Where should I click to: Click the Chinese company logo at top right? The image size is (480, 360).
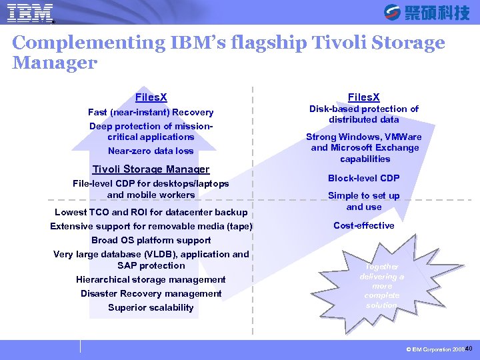click(x=427, y=12)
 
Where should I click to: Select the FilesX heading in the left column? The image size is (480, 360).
click(x=151, y=97)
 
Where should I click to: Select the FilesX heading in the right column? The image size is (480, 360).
click(x=364, y=97)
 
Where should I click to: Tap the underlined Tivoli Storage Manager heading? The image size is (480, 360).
click(x=151, y=169)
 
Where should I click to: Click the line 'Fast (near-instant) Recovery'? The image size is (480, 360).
click(x=151, y=112)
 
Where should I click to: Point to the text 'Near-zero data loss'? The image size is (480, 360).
click(x=151, y=151)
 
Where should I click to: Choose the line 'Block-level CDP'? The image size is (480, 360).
click(x=364, y=178)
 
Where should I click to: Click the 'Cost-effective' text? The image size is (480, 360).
click(x=364, y=225)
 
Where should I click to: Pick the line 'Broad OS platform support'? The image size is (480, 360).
click(x=151, y=240)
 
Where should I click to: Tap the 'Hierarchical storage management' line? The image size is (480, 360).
click(x=151, y=279)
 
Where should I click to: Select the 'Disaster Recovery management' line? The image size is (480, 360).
click(x=151, y=293)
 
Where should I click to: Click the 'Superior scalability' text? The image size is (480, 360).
click(x=151, y=307)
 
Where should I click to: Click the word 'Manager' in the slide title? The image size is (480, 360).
click(x=55, y=63)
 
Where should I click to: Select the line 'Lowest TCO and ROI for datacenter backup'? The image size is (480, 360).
click(x=151, y=212)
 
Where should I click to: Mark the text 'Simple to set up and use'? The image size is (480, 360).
click(x=364, y=201)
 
